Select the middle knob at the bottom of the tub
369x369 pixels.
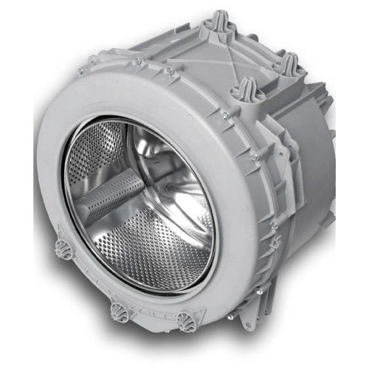pos(119,313)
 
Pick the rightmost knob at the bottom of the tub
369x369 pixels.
pos(184,320)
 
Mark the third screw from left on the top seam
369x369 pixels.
pos(170,72)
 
